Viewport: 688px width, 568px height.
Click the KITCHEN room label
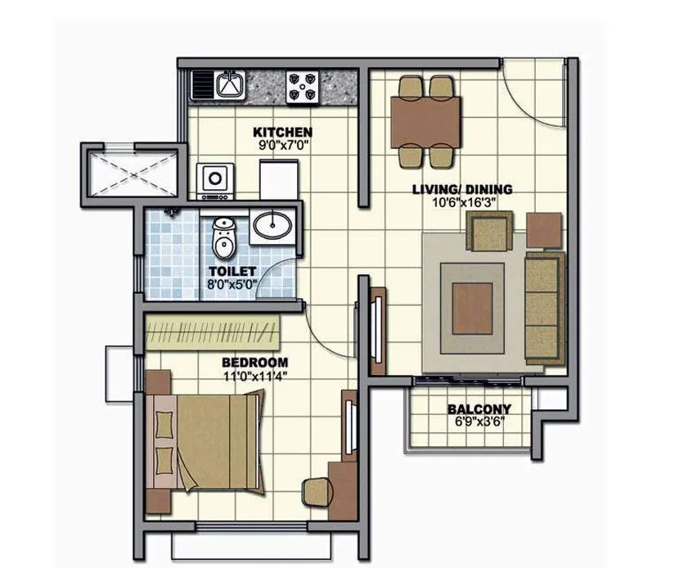pyautogui.click(x=281, y=132)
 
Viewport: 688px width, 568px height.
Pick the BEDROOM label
pyautogui.click(x=254, y=363)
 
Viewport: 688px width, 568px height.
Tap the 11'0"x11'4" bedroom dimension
pyautogui.click(x=254, y=376)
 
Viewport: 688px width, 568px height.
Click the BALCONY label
pyautogui.click(x=479, y=409)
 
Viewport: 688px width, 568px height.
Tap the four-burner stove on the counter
pyautogui.click(x=302, y=85)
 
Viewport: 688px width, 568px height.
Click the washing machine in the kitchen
pyautogui.click(x=215, y=179)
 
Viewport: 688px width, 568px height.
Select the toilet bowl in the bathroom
pyautogui.click(x=223, y=237)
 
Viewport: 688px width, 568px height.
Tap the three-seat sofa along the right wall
pyautogui.click(x=543, y=308)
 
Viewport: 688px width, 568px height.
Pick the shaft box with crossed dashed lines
pyautogui.click(x=132, y=172)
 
